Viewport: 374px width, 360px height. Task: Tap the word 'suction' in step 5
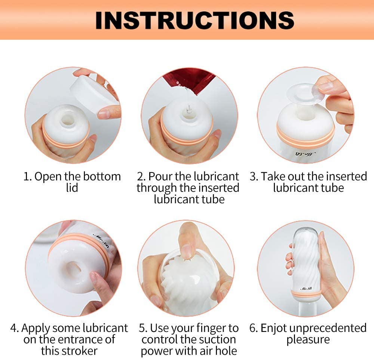click(x=217, y=339)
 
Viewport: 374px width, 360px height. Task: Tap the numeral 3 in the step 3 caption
click(x=253, y=176)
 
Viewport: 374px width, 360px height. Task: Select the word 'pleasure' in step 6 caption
click(x=308, y=339)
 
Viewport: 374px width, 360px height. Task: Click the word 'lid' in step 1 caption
click(x=72, y=187)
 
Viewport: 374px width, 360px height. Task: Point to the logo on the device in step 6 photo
click(x=306, y=289)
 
